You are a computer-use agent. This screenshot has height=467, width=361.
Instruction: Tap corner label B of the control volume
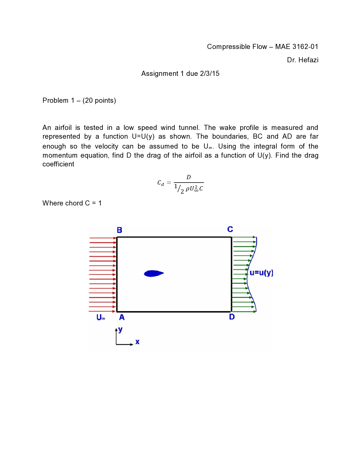(x=119, y=230)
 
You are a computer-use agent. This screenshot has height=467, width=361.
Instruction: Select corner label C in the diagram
(x=230, y=229)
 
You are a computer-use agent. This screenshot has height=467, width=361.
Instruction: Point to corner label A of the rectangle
(x=122, y=318)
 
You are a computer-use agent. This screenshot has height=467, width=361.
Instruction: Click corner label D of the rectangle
(x=232, y=317)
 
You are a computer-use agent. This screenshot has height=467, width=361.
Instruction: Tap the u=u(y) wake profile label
(x=261, y=273)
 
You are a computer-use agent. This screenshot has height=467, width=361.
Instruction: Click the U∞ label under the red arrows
(x=101, y=318)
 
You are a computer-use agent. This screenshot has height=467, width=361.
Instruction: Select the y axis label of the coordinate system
(x=121, y=329)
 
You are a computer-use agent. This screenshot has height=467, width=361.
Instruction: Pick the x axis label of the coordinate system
(x=137, y=342)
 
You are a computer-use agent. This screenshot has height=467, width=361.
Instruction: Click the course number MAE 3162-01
(x=296, y=47)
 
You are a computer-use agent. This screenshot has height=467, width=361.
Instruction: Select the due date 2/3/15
(x=210, y=74)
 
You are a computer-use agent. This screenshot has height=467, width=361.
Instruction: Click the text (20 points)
(x=99, y=100)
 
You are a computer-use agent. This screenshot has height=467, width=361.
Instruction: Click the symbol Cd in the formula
(x=161, y=183)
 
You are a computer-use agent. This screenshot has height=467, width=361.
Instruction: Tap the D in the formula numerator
(x=189, y=177)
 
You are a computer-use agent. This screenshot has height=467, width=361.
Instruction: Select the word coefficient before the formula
(x=58, y=164)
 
